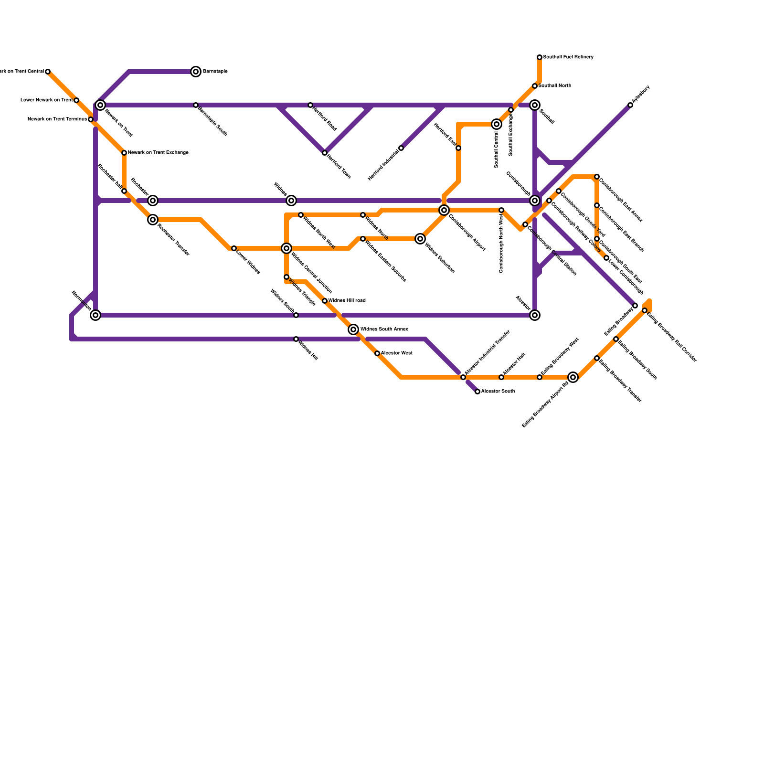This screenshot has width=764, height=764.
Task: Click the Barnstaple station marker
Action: coord(196,72)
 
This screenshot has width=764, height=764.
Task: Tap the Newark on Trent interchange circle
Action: coord(100,105)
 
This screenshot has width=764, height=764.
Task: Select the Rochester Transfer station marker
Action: coord(153,220)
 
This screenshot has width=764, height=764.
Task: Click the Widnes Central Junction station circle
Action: coord(286,248)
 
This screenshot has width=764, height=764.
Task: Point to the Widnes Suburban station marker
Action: coord(420,239)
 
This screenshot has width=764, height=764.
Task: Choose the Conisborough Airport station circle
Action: coord(444,210)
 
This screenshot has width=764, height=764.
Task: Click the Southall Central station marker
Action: coord(497,124)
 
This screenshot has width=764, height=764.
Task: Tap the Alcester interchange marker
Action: coord(535,315)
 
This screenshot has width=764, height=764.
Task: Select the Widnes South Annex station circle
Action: coord(353,329)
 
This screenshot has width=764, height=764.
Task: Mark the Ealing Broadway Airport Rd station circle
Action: coord(573,377)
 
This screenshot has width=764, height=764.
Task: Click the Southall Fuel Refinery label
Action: coord(568,57)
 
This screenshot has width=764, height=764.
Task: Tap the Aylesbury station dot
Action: coord(630,105)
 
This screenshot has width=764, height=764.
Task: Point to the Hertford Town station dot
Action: coord(325,153)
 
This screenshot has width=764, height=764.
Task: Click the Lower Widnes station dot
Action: coord(234,248)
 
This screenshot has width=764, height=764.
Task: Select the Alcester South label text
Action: coord(498,392)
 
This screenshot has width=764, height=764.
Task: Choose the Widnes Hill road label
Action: coord(347,301)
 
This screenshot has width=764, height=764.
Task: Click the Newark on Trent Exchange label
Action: coord(158,153)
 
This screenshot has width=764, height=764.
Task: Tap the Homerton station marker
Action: coord(96,315)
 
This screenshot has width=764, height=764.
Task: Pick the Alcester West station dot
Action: coord(377,353)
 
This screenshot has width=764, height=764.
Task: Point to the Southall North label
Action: coord(554,86)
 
